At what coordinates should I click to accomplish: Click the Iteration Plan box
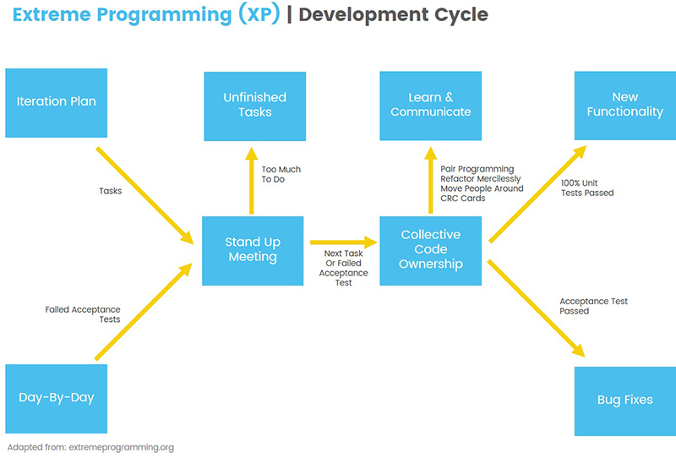coord(57,102)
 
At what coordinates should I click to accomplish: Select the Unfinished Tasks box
coord(254,105)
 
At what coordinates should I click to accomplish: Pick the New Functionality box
coord(624,105)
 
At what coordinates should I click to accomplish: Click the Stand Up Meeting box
coord(253,250)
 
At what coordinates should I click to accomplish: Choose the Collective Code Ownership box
coord(431,250)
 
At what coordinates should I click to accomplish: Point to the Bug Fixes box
coord(624,400)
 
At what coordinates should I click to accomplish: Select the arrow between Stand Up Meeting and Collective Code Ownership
coord(341,243)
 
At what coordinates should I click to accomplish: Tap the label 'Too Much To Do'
coord(281,175)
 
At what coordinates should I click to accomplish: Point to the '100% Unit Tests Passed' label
coord(587,188)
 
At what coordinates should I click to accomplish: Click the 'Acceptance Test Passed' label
coord(593,306)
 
